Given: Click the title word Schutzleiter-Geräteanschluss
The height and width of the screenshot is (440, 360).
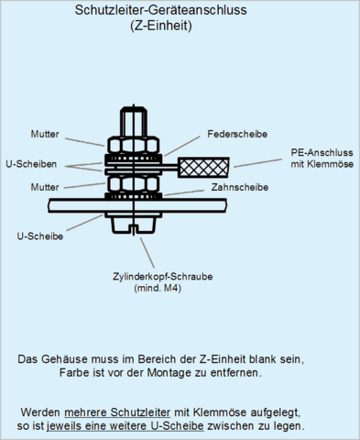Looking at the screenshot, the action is pyautogui.click(x=160, y=10).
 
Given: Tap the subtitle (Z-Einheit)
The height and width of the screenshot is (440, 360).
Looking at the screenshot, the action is pyautogui.click(x=161, y=26).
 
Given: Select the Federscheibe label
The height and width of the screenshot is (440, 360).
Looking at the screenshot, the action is pyautogui.click(x=237, y=134).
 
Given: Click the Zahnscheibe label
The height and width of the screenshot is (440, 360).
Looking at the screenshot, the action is pyautogui.click(x=240, y=187).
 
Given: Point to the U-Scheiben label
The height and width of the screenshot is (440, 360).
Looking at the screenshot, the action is pyautogui.click(x=31, y=164).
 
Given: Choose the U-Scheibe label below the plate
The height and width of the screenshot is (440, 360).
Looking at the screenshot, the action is pyautogui.click(x=40, y=236).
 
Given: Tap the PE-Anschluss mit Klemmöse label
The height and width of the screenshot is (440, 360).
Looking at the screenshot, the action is pyautogui.click(x=322, y=159).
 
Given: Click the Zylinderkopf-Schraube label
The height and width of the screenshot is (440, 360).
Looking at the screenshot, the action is pyautogui.click(x=163, y=277).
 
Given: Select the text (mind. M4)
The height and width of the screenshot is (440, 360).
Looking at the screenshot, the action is pyautogui.click(x=158, y=288).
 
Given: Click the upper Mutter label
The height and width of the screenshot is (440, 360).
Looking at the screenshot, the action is pyautogui.click(x=45, y=134).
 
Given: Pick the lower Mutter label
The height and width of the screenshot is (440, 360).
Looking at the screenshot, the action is pyautogui.click(x=45, y=187).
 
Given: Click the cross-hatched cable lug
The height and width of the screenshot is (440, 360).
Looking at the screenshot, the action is pyautogui.click(x=203, y=168).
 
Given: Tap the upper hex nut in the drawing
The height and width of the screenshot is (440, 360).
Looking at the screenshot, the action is pyautogui.click(x=134, y=145).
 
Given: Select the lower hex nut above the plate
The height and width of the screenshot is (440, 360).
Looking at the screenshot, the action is pyautogui.click(x=134, y=183).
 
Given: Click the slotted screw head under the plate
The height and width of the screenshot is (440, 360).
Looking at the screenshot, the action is pyautogui.click(x=134, y=225).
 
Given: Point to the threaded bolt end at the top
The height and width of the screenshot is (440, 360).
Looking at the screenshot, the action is pyautogui.click(x=134, y=121).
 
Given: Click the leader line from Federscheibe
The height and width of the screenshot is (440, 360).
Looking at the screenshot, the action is pyautogui.click(x=182, y=146).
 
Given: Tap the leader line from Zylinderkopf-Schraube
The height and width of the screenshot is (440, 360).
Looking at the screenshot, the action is pyautogui.click(x=147, y=253).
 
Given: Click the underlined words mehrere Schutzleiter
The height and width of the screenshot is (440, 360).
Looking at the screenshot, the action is pyautogui.click(x=117, y=412).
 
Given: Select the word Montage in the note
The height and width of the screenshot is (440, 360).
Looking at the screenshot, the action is pyautogui.click(x=166, y=373).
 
